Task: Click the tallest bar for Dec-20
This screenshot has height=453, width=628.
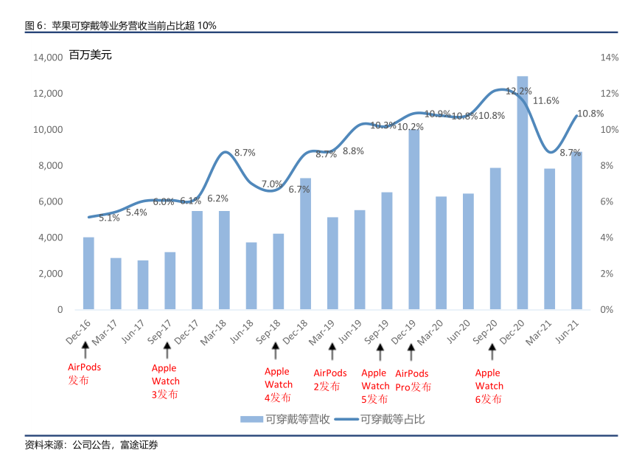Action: pos(522,193)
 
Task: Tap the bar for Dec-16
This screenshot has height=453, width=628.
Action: pos(88,273)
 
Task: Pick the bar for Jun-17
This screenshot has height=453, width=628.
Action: pos(143,285)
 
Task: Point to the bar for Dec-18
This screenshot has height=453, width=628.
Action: pos(305,243)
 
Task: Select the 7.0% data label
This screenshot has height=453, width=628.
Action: pos(272,184)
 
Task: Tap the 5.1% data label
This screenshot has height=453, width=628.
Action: pos(109,218)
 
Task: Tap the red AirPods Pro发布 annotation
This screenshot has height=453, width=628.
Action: pos(413,380)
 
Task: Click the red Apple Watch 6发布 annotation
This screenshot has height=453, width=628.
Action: pos(489,386)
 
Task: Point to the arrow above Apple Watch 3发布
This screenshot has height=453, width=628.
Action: pos(167,350)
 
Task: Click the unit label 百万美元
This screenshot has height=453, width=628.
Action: pos(91,55)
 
